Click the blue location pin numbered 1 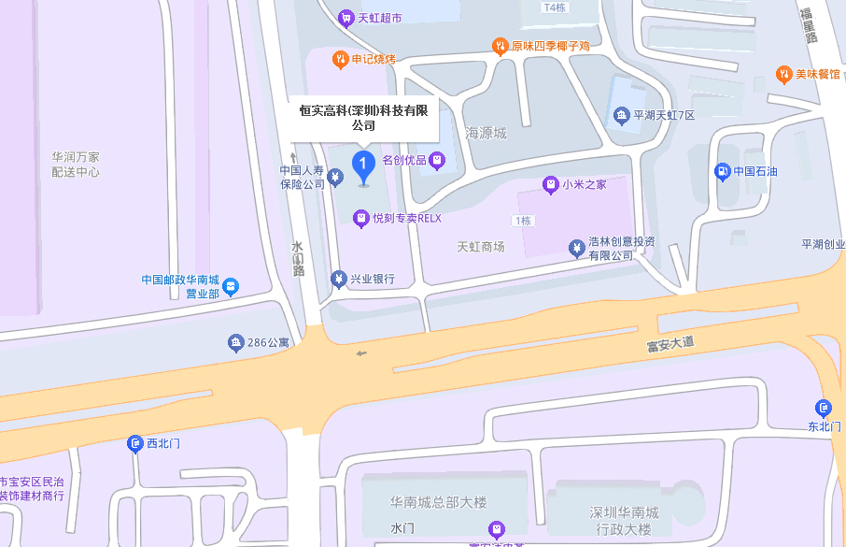coord(363,166)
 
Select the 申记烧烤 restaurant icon coord(341,60)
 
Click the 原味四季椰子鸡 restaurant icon coord(501,46)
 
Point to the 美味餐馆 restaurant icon coord(784,74)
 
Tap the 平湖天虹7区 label coord(664,115)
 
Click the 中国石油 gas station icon coord(722,171)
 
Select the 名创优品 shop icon coord(436,161)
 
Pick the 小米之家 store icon coord(551,184)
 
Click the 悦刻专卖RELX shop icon coord(361,218)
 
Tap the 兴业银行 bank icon coord(339,279)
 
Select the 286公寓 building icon coord(236,343)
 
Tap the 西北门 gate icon coord(135,443)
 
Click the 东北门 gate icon coord(823,408)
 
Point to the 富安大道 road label coord(670,344)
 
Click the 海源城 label coord(486,134)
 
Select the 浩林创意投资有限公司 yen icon coord(577,248)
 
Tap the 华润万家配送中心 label coord(76,165)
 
